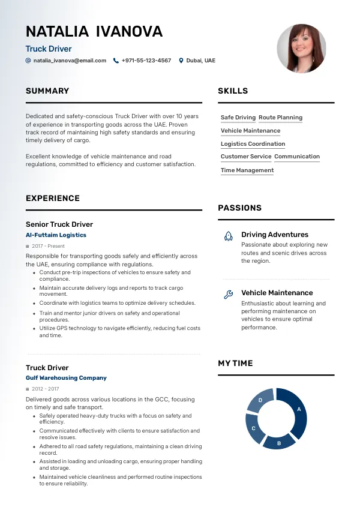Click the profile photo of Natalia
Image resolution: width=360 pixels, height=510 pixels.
(x=301, y=49)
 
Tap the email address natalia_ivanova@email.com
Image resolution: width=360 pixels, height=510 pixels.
(x=70, y=61)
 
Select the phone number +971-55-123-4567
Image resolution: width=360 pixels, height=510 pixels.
(x=146, y=61)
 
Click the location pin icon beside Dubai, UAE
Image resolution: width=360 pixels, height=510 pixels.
(x=181, y=61)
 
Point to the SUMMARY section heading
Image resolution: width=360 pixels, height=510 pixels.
(x=47, y=91)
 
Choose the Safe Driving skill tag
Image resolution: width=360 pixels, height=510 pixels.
(x=238, y=118)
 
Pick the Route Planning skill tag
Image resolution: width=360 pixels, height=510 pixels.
(x=280, y=118)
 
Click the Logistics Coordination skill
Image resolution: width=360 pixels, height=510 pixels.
(x=253, y=144)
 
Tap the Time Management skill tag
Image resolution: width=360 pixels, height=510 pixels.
(x=247, y=170)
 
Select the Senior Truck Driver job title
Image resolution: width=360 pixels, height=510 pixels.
(x=59, y=224)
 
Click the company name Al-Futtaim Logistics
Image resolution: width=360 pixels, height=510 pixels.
(x=56, y=235)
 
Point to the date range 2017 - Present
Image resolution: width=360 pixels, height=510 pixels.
(x=48, y=246)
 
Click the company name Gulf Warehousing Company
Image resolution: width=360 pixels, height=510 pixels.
(x=66, y=378)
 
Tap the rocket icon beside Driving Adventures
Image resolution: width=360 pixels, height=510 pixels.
(x=228, y=236)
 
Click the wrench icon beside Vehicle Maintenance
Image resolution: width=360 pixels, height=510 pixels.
(x=228, y=294)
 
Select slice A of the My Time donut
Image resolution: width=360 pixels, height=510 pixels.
(x=298, y=410)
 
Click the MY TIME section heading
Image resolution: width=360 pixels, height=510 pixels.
(x=235, y=364)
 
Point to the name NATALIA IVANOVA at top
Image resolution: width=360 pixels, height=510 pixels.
(x=94, y=32)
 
